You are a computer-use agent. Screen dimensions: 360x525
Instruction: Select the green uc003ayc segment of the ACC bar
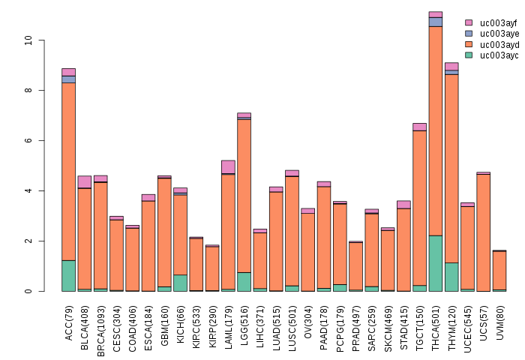click(68, 275)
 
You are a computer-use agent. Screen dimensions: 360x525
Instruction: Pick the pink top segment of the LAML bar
click(228, 166)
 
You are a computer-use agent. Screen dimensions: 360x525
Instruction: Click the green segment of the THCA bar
click(435, 263)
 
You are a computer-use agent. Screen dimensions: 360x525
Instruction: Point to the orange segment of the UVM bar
click(499, 270)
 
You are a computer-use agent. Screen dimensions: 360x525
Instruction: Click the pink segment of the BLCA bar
click(85, 181)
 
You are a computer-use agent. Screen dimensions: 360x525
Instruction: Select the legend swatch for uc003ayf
click(469, 23)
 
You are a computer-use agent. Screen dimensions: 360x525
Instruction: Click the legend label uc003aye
click(499, 34)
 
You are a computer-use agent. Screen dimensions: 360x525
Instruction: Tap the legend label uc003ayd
click(499, 44)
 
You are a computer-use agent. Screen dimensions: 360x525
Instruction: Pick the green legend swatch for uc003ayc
click(469, 55)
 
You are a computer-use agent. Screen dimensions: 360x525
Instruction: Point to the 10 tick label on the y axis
click(29, 40)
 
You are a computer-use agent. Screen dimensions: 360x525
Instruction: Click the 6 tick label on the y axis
click(29, 140)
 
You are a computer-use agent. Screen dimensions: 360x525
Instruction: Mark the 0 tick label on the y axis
click(29, 291)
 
